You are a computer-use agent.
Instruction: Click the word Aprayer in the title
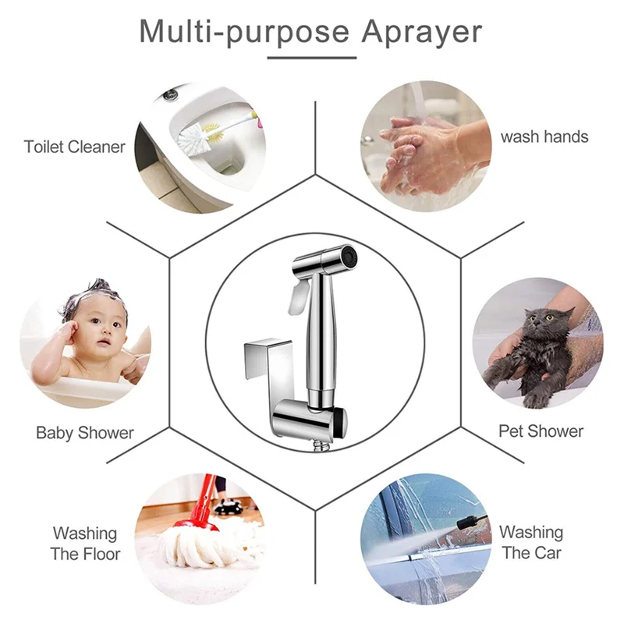point(421,32)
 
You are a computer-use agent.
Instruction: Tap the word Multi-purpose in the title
point(243,32)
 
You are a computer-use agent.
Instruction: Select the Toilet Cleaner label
point(74,147)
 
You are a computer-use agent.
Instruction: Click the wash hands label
point(544,136)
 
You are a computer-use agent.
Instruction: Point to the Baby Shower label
point(85,433)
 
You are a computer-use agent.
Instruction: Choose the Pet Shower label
point(541,431)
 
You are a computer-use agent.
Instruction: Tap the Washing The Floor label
point(85,544)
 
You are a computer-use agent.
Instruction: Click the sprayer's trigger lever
point(296,300)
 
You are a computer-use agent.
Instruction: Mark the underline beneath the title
point(311,56)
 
